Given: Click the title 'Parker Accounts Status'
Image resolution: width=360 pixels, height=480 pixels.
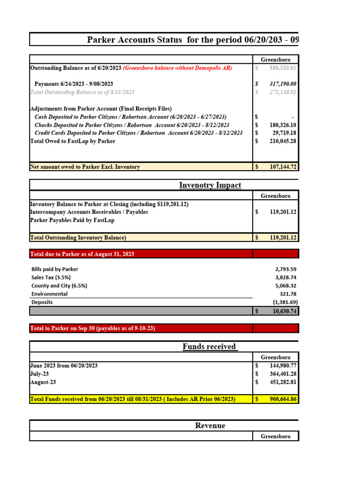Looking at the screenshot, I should pyautogui.click(x=134, y=39).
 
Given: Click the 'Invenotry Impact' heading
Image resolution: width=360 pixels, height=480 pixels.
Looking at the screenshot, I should pyautogui.click(x=210, y=185).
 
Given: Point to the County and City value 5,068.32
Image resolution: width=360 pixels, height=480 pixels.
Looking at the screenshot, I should pyautogui.click(x=285, y=286).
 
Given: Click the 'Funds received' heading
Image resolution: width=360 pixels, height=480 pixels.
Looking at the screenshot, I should pyautogui.click(x=209, y=347).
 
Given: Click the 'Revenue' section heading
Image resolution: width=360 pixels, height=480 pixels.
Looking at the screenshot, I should pyautogui.click(x=210, y=426).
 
